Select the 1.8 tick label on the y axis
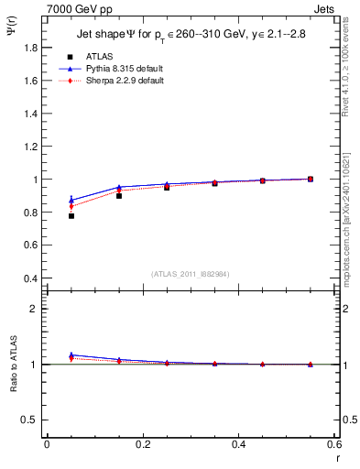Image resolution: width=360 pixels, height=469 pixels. (x=30, y=48)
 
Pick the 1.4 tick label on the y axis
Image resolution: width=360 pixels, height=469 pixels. (x=30, y=114)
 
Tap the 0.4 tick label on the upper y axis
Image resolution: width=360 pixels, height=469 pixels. (x=30, y=278)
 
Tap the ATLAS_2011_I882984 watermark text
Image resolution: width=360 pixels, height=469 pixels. (x=191, y=274)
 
